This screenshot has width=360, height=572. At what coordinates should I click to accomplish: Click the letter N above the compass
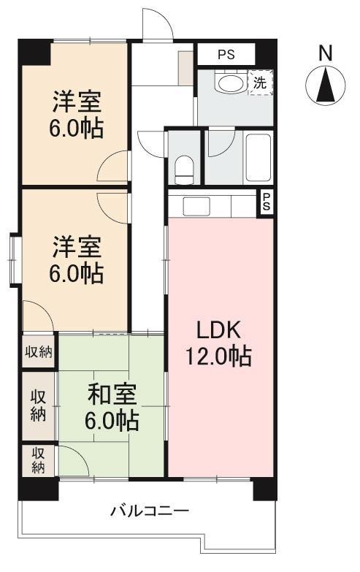pyautogui.click(x=326, y=53)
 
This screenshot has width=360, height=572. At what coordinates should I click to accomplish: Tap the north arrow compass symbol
pyautogui.click(x=326, y=84)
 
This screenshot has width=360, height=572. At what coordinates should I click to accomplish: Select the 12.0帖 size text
pyautogui.click(x=218, y=356)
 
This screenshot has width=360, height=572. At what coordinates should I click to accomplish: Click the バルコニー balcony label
pyautogui.click(x=150, y=510)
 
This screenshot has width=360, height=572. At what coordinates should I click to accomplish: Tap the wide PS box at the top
pyautogui.click(x=225, y=54)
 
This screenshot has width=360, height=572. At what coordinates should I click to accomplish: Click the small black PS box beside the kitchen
pyautogui.click(x=267, y=202)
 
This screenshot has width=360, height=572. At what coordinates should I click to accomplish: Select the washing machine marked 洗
pyautogui.click(x=260, y=82)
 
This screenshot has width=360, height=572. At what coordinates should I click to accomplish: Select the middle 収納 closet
pyautogui.click(x=39, y=405)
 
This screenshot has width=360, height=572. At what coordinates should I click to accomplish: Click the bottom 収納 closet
pyautogui.click(x=39, y=460)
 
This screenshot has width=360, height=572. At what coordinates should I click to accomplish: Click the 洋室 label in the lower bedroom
pyautogui.click(x=76, y=247)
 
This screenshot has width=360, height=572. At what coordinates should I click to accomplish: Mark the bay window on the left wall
pyautogui.click(x=15, y=256)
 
